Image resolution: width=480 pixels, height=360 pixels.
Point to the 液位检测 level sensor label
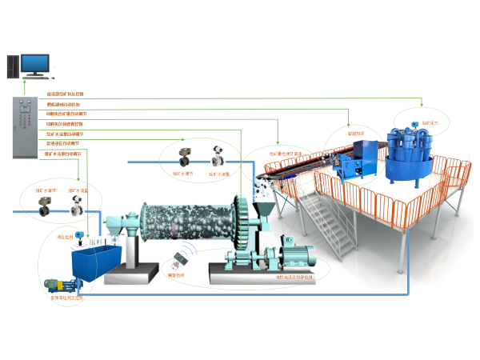click(64, 238)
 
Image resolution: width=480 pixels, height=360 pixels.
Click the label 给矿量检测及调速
click(284, 153)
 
